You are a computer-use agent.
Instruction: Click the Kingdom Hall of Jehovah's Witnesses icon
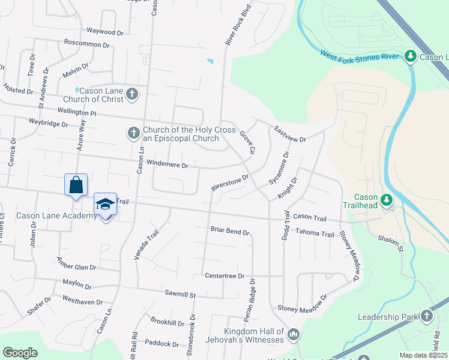coord(294,333)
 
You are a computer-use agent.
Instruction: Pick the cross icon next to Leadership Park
coord(426,316)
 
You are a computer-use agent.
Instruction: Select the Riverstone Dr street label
coord(229,184)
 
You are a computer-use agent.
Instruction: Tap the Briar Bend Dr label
coord(229,230)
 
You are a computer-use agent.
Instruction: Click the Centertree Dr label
coord(224,276)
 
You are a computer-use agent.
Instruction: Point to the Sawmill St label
coord(181,295)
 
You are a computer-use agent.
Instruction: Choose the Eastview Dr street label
coord(291,134)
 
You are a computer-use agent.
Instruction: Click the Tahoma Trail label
coord(315,233)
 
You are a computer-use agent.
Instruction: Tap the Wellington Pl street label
coord(77,112)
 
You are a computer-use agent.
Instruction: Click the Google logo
coord(20,353)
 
